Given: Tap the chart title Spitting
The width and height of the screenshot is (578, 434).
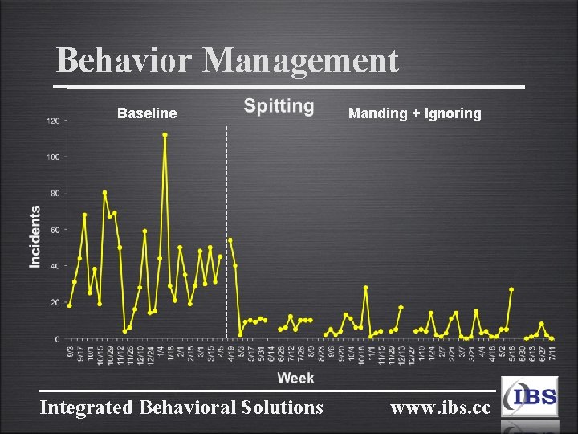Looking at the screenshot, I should tap(279, 106).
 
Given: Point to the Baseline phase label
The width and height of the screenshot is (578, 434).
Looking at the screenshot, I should tap(147, 113).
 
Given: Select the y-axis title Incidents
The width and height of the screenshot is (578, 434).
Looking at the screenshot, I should tap(35, 236).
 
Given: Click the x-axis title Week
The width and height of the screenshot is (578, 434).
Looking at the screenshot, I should tap(295, 377).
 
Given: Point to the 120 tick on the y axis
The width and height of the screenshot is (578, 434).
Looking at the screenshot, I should tap(53, 121).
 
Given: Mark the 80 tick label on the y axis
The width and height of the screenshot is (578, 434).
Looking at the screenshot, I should tap(55, 194).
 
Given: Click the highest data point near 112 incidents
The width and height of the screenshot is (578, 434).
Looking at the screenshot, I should tap(165, 135).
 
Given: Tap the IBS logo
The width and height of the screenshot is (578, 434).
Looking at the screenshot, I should tap(529, 397).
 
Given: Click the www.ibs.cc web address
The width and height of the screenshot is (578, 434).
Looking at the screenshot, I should tap(440, 407).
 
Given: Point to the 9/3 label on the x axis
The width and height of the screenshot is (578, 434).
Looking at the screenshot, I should tap(70, 351).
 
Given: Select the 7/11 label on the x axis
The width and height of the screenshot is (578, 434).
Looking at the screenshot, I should tap(552, 353).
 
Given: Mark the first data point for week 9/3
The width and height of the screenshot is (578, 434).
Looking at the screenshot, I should tap(69, 305).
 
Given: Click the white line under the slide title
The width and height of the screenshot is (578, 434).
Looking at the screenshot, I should tap(289, 86).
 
